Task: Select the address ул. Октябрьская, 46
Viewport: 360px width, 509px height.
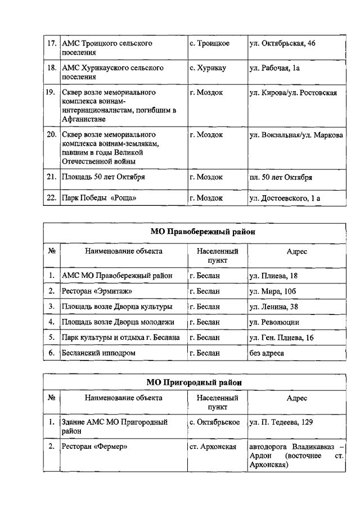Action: [282, 43]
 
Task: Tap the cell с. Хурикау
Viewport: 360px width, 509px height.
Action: [208, 68]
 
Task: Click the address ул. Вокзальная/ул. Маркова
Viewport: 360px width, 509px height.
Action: [296, 135]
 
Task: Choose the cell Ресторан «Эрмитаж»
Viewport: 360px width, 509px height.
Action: [93, 291]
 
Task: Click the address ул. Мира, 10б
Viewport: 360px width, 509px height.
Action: [272, 291]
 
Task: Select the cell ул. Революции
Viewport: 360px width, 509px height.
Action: [274, 322]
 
